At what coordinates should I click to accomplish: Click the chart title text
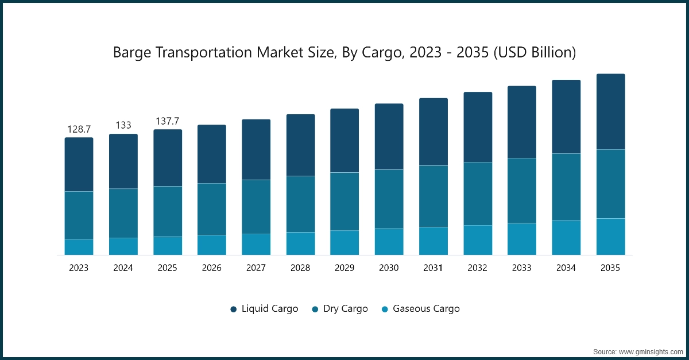pos(344,52)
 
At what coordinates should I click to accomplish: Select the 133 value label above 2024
pos(123,125)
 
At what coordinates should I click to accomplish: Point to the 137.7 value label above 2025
pos(167,121)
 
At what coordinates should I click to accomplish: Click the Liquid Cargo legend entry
pos(264,309)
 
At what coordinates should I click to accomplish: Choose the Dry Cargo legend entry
pos(340,309)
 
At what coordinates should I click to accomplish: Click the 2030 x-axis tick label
pos(389,268)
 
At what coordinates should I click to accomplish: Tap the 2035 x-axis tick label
pos(610,268)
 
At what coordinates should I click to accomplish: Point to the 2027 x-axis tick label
pos(256,268)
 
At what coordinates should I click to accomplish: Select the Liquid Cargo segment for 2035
pos(610,112)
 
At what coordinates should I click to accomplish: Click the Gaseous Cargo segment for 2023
pos(79,247)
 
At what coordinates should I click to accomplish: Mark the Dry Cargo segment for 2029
pos(344,202)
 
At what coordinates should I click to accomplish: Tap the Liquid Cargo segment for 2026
pos(212,154)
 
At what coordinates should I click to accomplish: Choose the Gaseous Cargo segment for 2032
pos(478,240)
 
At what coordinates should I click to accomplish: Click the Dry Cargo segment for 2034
pos(566,187)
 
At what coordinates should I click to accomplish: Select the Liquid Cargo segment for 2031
pos(433,132)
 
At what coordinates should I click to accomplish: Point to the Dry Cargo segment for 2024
pos(123,213)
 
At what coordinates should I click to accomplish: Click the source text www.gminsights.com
pos(637,351)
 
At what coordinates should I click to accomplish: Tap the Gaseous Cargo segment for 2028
pos(300,243)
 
